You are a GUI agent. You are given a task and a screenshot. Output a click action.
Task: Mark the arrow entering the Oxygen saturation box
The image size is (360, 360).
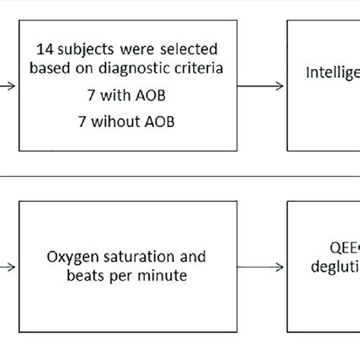8,267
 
